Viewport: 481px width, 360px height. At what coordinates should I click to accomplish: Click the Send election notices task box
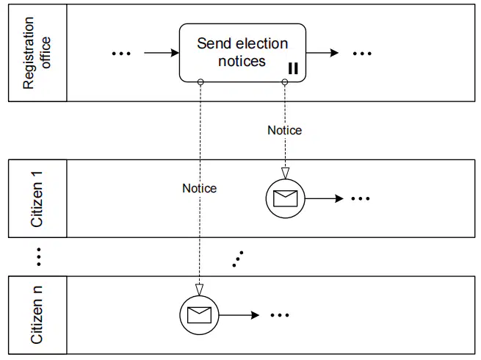[x=242, y=53]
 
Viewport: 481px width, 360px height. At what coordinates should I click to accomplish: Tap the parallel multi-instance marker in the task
[x=293, y=68]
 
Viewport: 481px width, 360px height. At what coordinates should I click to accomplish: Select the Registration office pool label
[x=37, y=53]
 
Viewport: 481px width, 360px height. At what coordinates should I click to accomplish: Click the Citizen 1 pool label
[x=37, y=199]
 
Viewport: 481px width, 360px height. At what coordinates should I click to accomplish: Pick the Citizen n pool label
[x=37, y=314]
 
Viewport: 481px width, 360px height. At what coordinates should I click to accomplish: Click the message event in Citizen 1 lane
[x=285, y=198]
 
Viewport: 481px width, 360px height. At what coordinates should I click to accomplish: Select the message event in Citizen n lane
[x=199, y=315]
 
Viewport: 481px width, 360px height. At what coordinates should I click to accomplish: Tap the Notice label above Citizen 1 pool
[x=285, y=131]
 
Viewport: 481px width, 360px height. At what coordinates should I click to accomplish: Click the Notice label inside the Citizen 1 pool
[x=200, y=188]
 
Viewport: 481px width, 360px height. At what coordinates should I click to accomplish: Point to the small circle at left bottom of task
[x=200, y=82]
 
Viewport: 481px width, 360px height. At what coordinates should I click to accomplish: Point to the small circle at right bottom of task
[x=285, y=82]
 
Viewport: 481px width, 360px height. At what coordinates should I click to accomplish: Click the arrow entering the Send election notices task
[x=162, y=53]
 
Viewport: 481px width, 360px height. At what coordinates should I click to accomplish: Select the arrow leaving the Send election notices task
[x=322, y=53]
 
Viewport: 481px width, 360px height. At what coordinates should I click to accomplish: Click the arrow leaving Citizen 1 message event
[x=325, y=198]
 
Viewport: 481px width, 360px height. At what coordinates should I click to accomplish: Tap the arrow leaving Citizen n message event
[x=239, y=315]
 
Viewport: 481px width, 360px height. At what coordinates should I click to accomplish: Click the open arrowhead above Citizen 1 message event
[x=285, y=173]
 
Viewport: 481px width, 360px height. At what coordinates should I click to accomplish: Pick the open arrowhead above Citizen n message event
[x=200, y=289]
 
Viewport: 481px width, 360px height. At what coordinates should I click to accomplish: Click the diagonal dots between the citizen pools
[x=238, y=259]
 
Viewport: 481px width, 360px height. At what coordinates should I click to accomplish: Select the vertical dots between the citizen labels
[x=39, y=256]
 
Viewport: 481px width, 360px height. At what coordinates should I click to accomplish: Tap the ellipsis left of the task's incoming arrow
[x=121, y=54]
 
